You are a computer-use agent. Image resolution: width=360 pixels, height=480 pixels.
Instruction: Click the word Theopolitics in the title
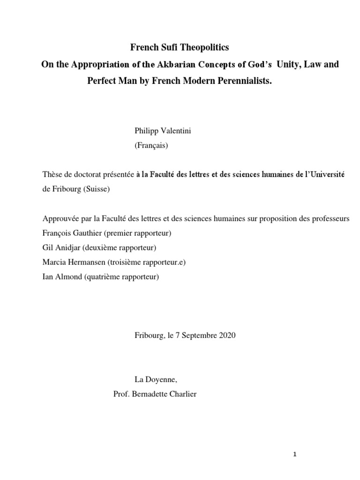tap(204, 48)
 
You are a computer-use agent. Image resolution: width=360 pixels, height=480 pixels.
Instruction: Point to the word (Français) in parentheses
tap(151, 145)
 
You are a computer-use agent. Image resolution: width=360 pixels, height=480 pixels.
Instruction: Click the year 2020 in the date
tap(227, 335)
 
